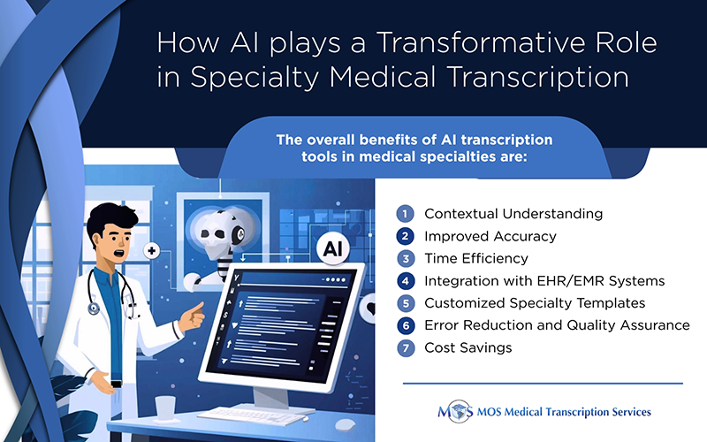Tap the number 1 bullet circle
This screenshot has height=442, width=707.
[405, 214]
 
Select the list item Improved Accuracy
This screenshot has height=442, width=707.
[490, 236]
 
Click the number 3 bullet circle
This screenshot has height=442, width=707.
[405, 258]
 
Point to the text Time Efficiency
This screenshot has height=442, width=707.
[475, 258]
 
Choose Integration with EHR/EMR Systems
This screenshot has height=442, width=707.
[544, 281]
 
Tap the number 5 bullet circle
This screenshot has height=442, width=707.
[405, 303]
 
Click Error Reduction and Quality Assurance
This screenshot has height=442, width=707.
[557, 325]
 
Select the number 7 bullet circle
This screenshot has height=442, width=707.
[405, 347]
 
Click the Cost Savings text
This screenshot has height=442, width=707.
[468, 347]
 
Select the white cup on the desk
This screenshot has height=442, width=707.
[165, 408]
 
